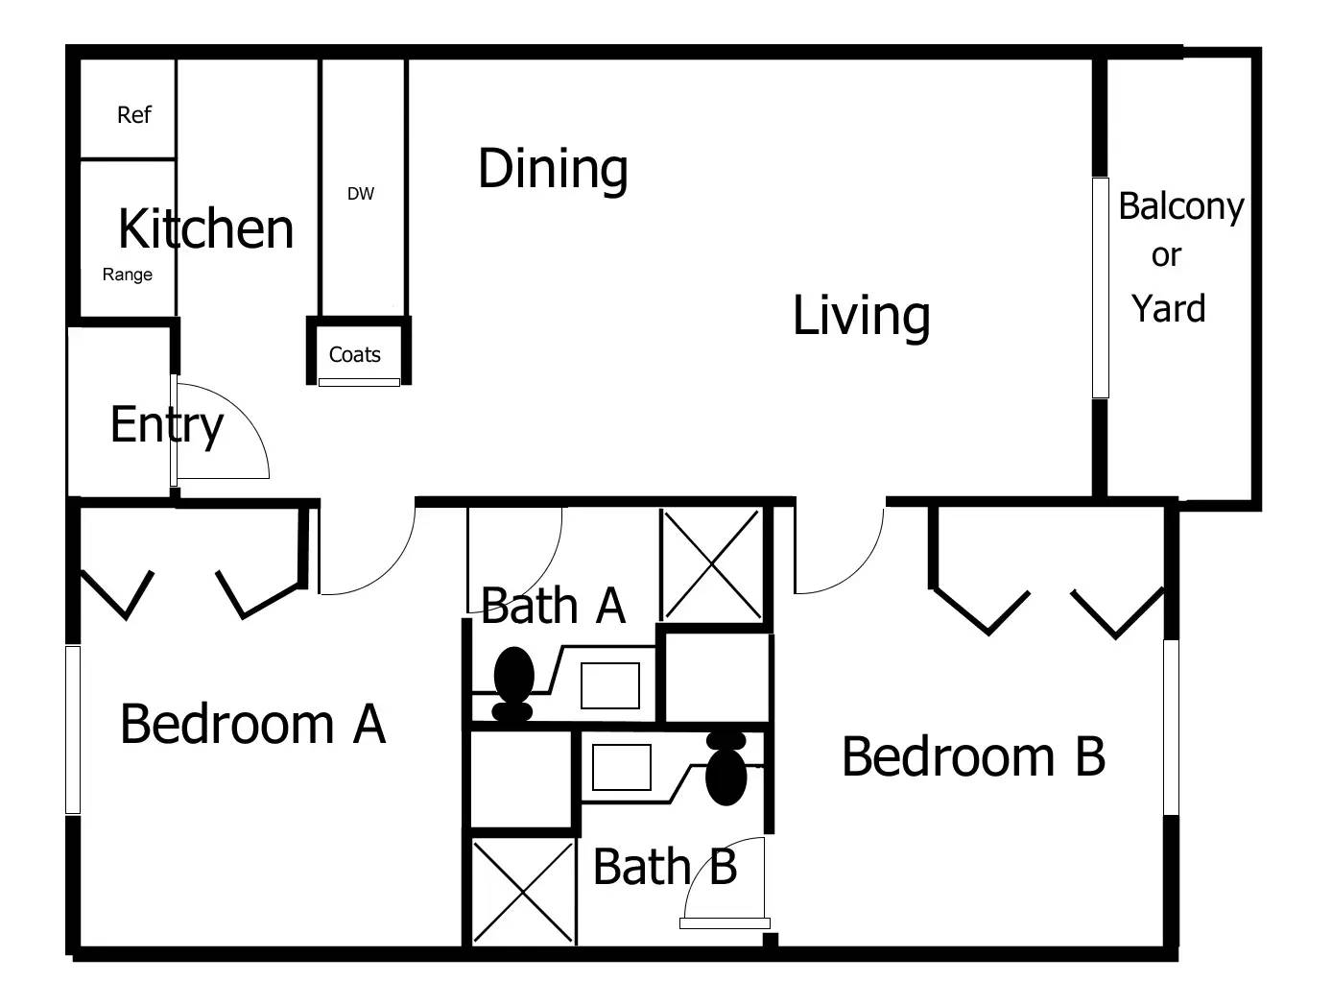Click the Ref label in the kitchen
point(133,115)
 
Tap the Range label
point(128,275)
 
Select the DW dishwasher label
point(361,194)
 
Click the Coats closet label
point(354,355)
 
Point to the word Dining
point(553,170)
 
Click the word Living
point(861,317)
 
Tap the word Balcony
point(1180,206)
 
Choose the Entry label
point(166,424)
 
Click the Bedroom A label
point(252,724)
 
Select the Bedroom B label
point(973,757)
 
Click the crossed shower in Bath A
point(711,565)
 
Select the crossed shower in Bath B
point(523,892)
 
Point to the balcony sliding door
point(1101,288)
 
